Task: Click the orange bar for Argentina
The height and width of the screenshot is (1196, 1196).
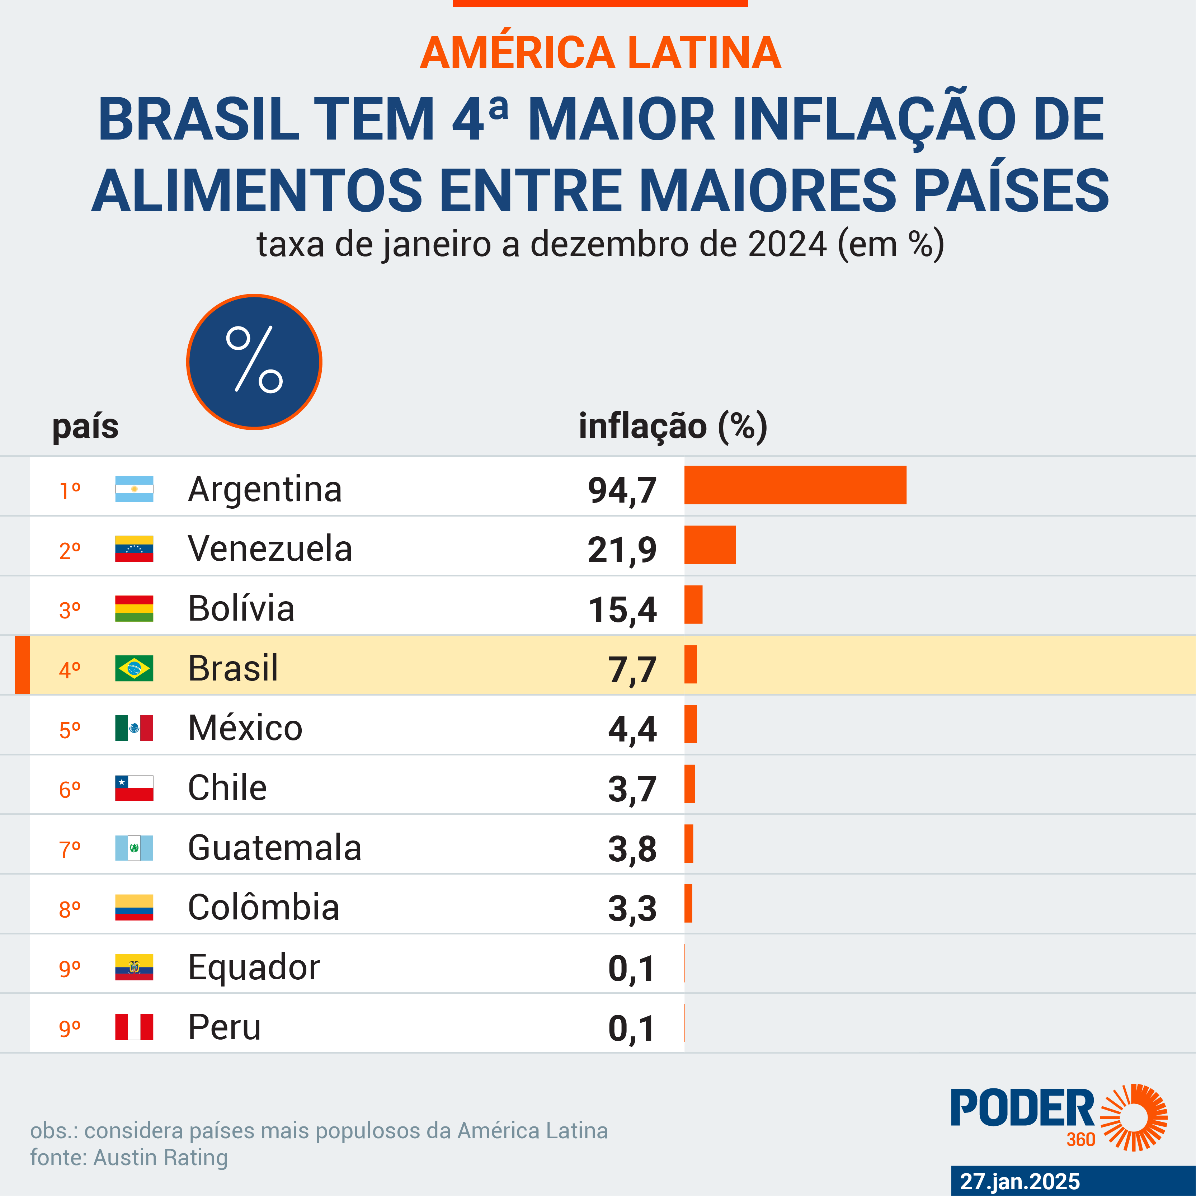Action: [795, 485]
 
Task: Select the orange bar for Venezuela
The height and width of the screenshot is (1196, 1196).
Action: [710, 545]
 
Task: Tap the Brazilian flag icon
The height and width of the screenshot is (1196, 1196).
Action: [134, 668]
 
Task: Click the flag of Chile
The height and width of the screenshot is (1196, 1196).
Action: [134, 788]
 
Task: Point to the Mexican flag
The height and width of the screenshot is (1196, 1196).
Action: [134, 728]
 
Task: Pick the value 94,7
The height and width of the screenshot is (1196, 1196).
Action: [622, 490]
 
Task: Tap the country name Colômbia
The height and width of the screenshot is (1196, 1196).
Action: [263, 908]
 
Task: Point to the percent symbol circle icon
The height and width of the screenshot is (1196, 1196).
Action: [254, 362]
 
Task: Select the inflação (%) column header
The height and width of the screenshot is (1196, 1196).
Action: [672, 427]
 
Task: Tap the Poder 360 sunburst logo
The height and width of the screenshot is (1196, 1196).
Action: [1133, 1117]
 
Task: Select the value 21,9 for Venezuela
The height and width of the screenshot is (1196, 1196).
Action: [622, 550]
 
